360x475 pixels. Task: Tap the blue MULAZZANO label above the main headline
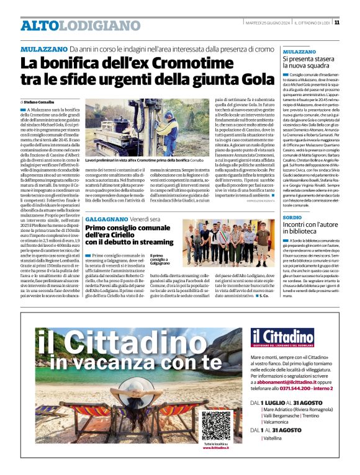[x=43, y=48]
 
